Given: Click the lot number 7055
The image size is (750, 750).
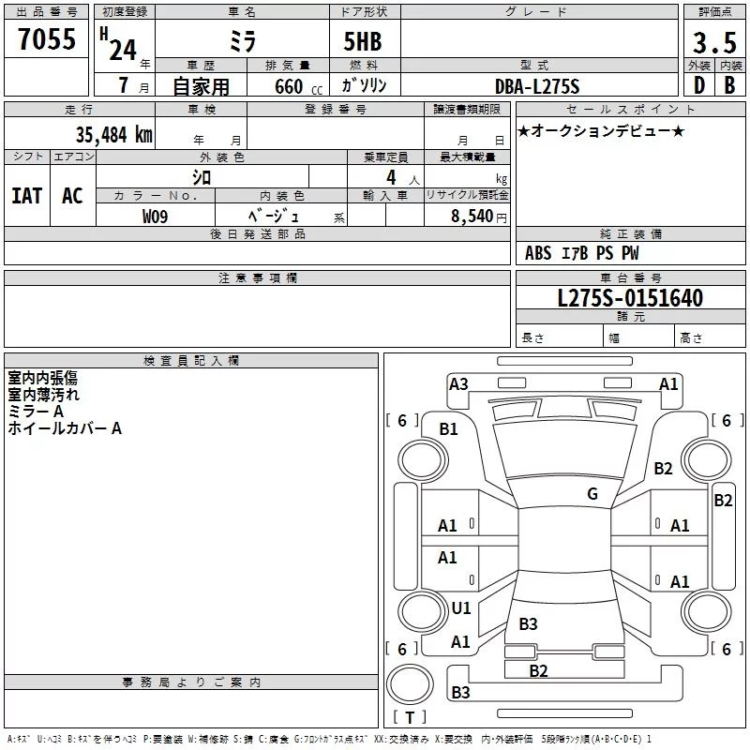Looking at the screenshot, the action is pos(47,38).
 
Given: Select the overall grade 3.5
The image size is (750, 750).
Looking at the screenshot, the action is pos(714,42).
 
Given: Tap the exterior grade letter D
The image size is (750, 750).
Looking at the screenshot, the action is pos(699,85).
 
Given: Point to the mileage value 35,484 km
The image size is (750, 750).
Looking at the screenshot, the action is pos(113,134).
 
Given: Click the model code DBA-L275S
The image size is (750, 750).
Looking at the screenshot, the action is pos(537,86).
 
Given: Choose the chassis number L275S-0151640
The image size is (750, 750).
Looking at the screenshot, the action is pos(630,298).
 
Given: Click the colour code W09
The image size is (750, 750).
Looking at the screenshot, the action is pos(155,217).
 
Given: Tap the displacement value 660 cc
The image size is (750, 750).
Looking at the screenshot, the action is pos(298,86).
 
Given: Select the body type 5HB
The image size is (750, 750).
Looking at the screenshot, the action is pos(363,41).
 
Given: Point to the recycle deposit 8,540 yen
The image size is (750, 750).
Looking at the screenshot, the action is pos(479,217).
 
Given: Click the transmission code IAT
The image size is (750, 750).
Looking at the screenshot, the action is pos(27,196).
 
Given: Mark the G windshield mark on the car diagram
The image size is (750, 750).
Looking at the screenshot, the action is pos(592,494).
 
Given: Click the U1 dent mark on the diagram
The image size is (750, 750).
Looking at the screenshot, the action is pos(461,607).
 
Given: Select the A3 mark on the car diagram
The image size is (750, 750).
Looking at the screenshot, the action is pos(458,384).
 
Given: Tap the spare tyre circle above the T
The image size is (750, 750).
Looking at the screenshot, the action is pos(410,684).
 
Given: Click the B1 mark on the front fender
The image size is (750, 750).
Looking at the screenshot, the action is pos(448,429).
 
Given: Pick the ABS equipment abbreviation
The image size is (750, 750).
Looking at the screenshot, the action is pos(538,253).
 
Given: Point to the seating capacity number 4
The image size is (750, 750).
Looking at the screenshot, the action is pos(391,177).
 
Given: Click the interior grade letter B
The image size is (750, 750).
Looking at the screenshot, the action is pos(729,85).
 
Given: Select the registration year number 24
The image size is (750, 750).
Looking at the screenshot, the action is pos(123,50).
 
